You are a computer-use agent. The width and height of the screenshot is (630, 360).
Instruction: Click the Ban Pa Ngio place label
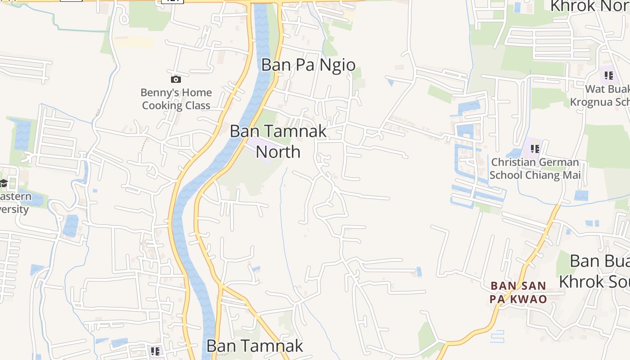pyautogui.click(x=308, y=65)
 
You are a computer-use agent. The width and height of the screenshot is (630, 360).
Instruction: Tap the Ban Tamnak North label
pyautogui.click(x=278, y=141)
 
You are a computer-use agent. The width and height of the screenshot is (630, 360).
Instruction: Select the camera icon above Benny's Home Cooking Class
pyautogui.click(x=176, y=80)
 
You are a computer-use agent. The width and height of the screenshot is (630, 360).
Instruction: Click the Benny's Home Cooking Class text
pyautogui.click(x=176, y=99)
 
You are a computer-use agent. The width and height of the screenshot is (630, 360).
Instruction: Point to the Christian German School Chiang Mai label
pyautogui.click(x=535, y=168)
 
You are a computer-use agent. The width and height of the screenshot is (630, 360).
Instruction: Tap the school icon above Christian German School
pyautogui.click(x=535, y=148)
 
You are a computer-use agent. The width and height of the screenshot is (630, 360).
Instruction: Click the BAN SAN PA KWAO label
pyautogui.click(x=518, y=292)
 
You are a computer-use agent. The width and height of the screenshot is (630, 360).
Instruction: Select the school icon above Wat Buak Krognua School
pyautogui.click(x=609, y=75)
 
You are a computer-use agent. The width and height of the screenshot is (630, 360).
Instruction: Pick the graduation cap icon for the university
pyautogui.click(x=4, y=183)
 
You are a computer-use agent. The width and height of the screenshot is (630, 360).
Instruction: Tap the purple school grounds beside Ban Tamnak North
pyautogui.click(x=259, y=148)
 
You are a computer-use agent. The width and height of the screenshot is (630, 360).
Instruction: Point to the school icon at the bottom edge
pyautogui.click(x=155, y=351)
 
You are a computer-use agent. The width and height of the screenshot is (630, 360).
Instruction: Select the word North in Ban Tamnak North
pyautogui.click(x=278, y=152)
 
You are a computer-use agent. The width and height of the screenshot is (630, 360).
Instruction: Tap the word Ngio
pyautogui.click(x=337, y=65)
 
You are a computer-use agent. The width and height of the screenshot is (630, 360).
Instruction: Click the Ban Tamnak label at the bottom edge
pyautogui.click(x=255, y=346)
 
